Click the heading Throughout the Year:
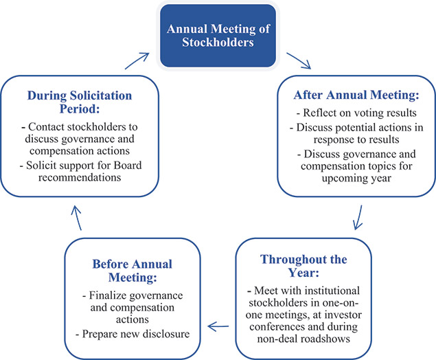coord(302,267)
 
